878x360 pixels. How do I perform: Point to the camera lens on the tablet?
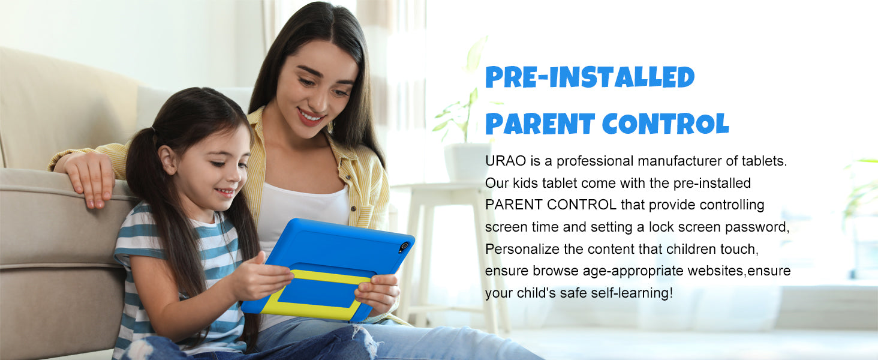pyautogui.click(x=404, y=247)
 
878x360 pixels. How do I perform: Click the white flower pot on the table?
pyautogui.click(x=467, y=161)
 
